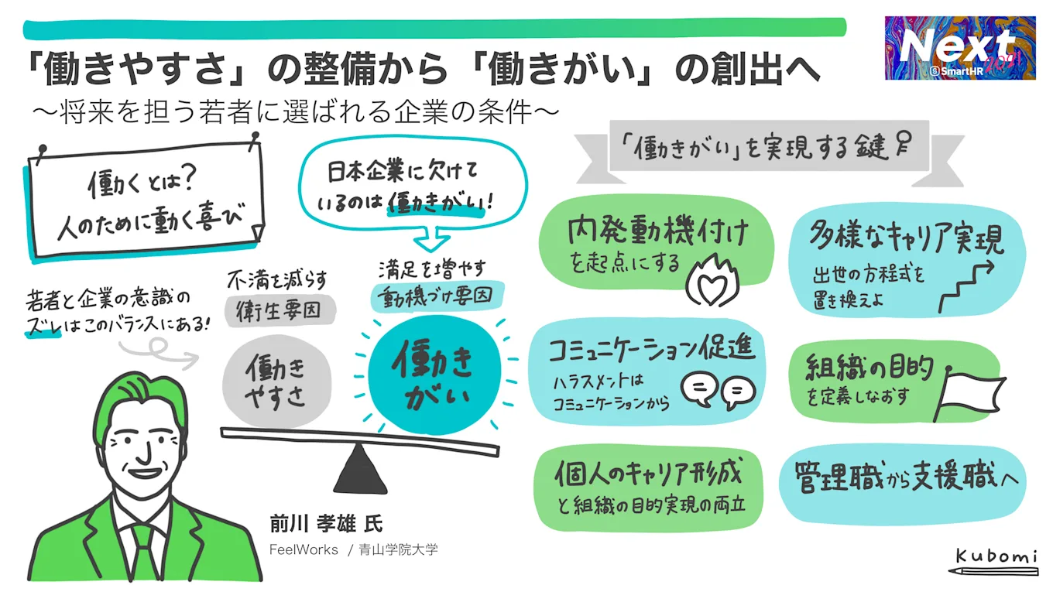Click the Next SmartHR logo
point(960,48)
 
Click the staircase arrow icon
point(966,286)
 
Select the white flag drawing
point(969,392)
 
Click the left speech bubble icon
point(700,388)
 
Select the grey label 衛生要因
point(276,310)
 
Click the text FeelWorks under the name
point(304,549)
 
